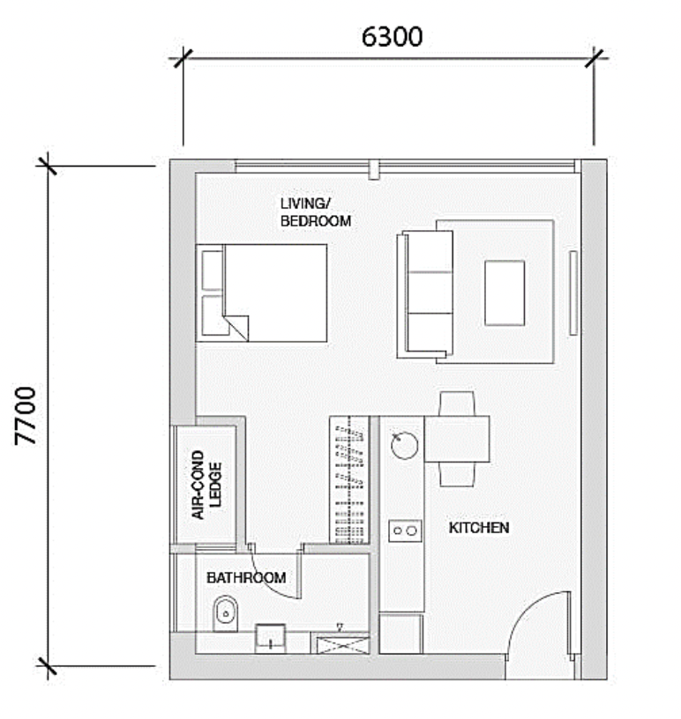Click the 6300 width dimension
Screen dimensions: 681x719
(x=392, y=37)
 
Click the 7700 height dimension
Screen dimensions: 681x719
(x=26, y=416)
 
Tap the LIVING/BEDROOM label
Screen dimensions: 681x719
(x=316, y=212)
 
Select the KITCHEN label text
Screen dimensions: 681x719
(x=479, y=528)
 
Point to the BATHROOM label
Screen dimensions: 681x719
(x=246, y=578)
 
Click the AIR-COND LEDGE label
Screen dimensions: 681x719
(x=206, y=485)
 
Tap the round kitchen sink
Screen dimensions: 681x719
(x=405, y=445)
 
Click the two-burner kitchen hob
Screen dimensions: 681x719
(x=405, y=531)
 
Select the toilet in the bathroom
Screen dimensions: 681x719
(x=226, y=613)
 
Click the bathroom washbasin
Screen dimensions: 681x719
(x=271, y=638)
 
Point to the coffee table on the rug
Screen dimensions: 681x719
(x=505, y=293)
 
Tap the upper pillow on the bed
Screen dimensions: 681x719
(x=213, y=271)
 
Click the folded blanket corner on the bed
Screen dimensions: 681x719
(x=237, y=328)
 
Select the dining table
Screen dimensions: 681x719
(x=457, y=439)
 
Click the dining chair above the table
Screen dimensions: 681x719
(x=457, y=404)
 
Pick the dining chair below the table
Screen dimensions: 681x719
(x=457, y=474)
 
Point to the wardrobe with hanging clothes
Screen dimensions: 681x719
(x=349, y=480)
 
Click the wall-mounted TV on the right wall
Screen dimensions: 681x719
(x=573, y=293)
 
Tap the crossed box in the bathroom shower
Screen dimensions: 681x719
(x=340, y=644)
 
